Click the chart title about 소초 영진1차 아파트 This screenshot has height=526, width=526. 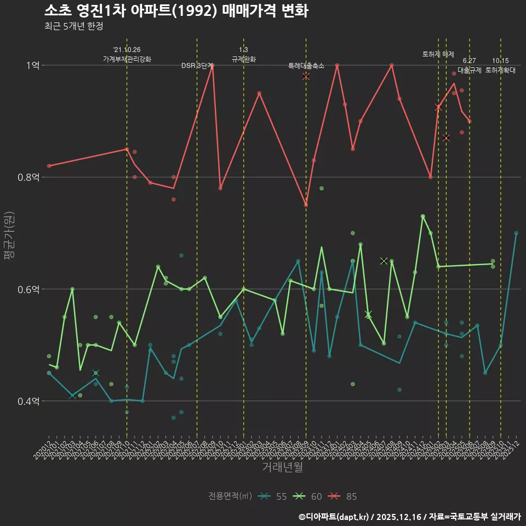pos(175,11)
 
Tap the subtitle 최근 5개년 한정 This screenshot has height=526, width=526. pos(73,26)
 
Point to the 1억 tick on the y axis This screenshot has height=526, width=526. pos(33,65)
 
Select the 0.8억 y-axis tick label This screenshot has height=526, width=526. pos(29,177)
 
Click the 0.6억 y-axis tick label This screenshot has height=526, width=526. pos(29,289)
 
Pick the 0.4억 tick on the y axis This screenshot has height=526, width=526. pos(29,401)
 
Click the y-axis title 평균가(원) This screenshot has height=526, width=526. pos(9,233)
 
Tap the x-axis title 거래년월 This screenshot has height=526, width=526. pos(282,467)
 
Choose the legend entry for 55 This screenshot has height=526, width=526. pos(274,496)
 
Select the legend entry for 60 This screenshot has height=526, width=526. pos(309,496)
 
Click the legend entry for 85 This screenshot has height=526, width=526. pos(344,496)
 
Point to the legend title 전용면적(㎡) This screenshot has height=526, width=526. pos(230,496)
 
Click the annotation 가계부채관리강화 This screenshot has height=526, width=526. pos(127,59)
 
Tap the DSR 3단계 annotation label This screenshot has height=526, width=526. pos(197,66)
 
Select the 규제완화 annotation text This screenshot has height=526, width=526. pos(244,59)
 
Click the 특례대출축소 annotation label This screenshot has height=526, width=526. pos(306,66)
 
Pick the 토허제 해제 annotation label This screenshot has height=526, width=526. pos(438,54)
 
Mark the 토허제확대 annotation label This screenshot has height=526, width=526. pos(500,70)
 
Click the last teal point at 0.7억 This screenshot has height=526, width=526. pos(516,233)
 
